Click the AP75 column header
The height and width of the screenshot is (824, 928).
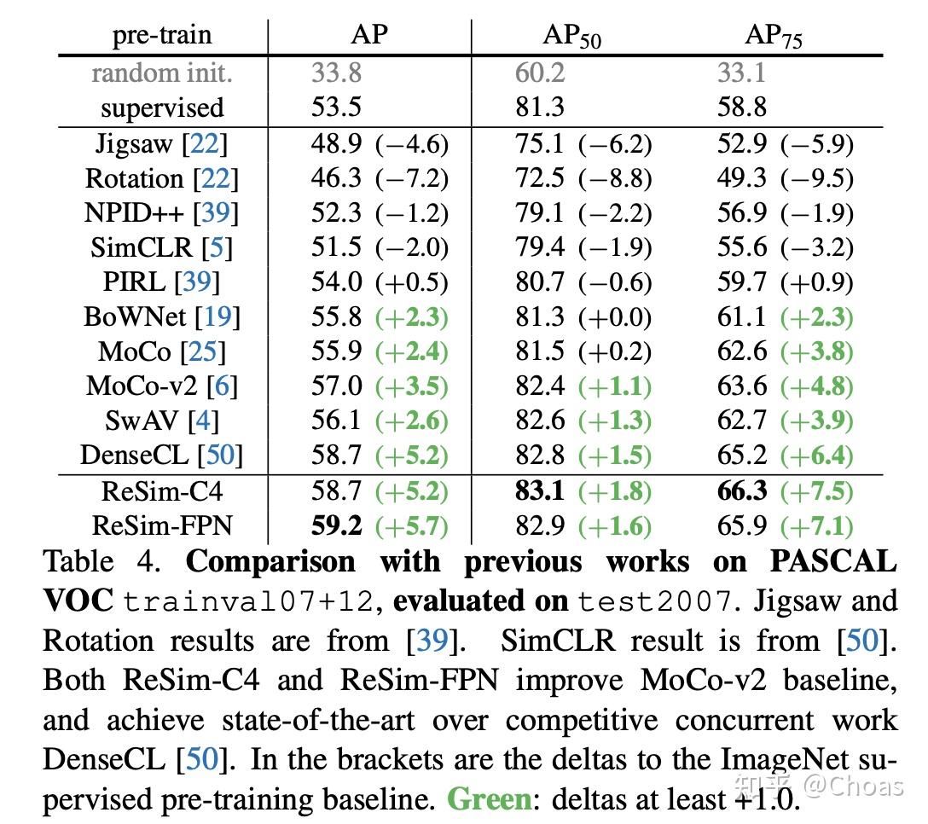774,36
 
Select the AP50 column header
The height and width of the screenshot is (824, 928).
571,36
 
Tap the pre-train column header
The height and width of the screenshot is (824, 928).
162,35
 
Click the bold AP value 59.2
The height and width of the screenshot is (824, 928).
336,525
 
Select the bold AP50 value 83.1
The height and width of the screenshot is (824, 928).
539,490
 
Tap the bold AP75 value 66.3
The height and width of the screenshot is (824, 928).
742,490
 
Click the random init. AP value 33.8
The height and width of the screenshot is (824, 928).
336,73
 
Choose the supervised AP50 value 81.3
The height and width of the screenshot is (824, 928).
539,107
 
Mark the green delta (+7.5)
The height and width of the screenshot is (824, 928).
817,491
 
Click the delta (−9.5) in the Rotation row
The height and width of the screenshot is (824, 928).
817,178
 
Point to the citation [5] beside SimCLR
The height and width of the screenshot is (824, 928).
217,247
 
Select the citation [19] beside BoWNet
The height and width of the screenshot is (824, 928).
217,316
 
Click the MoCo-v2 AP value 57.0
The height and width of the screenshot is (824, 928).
336,386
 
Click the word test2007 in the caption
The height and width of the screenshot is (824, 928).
655,601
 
